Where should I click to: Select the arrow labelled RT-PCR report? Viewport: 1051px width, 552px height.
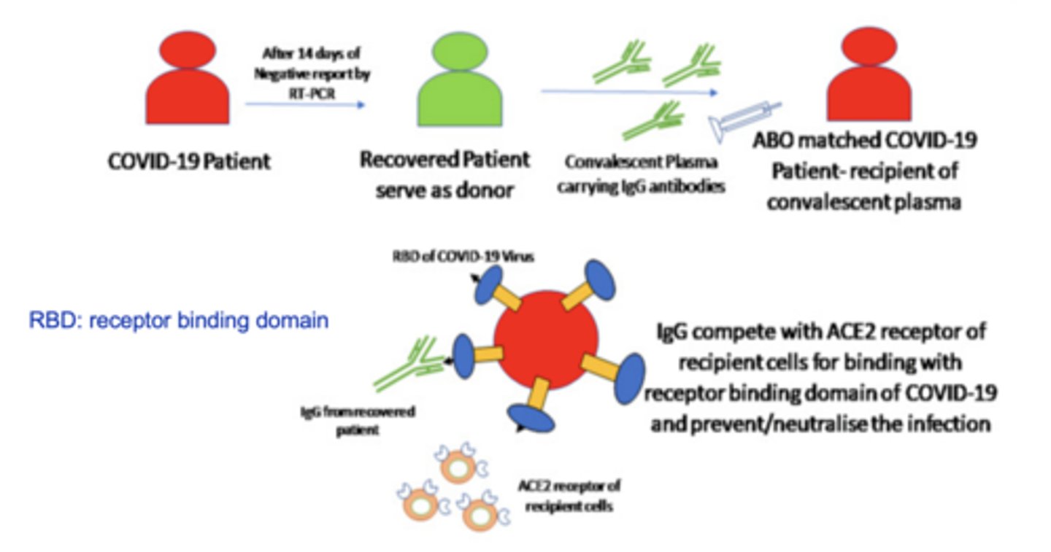pyautogui.click(x=304, y=104)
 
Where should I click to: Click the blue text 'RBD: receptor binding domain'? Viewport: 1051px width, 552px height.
pyautogui.click(x=178, y=320)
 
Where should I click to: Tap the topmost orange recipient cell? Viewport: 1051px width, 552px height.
pyautogui.click(x=458, y=464)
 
